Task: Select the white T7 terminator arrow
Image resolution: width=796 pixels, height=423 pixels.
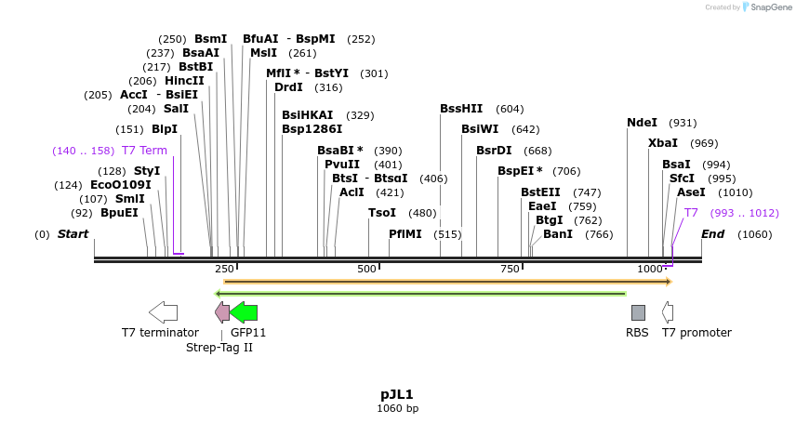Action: point(163,312)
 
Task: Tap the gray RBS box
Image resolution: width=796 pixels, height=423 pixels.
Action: point(638,312)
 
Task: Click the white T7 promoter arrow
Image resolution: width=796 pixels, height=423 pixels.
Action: point(668,312)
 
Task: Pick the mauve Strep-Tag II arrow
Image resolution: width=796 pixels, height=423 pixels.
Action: point(222,312)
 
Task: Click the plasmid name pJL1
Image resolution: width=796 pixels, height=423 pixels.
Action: point(397,394)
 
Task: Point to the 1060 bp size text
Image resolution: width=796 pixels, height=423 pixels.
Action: point(397,408)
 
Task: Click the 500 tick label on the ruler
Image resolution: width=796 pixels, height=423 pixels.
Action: point(367,269)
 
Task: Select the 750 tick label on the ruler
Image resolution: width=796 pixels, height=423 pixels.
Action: point(511,269)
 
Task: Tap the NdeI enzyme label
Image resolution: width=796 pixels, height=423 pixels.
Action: point(642,123)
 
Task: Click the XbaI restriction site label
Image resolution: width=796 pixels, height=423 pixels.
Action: point(662,143)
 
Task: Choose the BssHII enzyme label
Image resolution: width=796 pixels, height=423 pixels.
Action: point(461,109)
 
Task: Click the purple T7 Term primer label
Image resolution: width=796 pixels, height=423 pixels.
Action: point(144,151)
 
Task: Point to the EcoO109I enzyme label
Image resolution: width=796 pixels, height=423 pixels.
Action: point(120,185)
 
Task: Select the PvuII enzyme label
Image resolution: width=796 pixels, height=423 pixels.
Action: point(343,165)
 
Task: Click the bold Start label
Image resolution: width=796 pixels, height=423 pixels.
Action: point(73,234)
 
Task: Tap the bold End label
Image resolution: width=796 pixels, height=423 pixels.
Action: point(712,234)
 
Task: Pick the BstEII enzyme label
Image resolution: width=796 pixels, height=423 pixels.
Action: point(540,192)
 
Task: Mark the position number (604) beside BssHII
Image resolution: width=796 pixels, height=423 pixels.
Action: point(510,109)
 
